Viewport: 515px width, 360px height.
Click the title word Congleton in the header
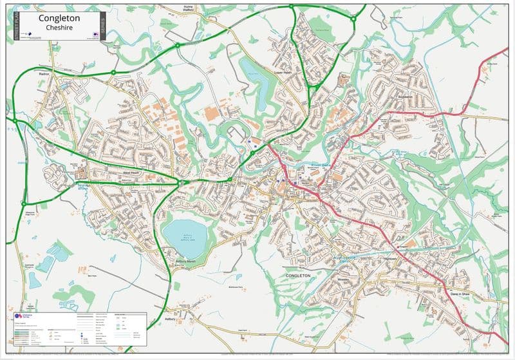coord(59,18)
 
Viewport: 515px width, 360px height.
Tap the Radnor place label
coord(44,75)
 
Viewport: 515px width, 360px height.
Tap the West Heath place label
coord(131,173)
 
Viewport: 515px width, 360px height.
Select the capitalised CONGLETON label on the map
coord(298,275)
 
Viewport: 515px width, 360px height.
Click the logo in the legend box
coord(21,316)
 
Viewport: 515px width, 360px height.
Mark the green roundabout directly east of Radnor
coord(113,72)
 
